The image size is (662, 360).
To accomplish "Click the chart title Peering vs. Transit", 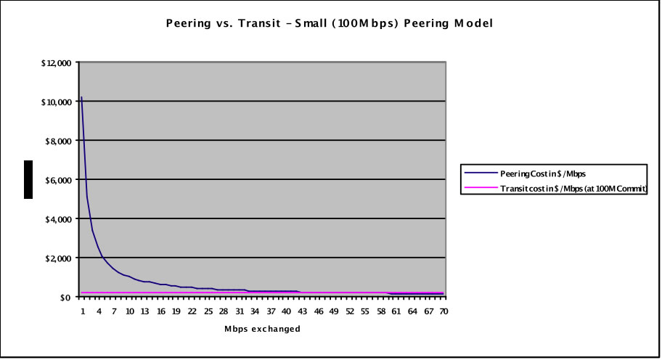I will point(330,23).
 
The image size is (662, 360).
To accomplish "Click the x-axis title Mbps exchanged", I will point(262,329).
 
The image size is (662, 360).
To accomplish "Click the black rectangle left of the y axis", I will point(28,179).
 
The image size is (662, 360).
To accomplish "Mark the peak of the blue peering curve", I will point(81,97).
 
